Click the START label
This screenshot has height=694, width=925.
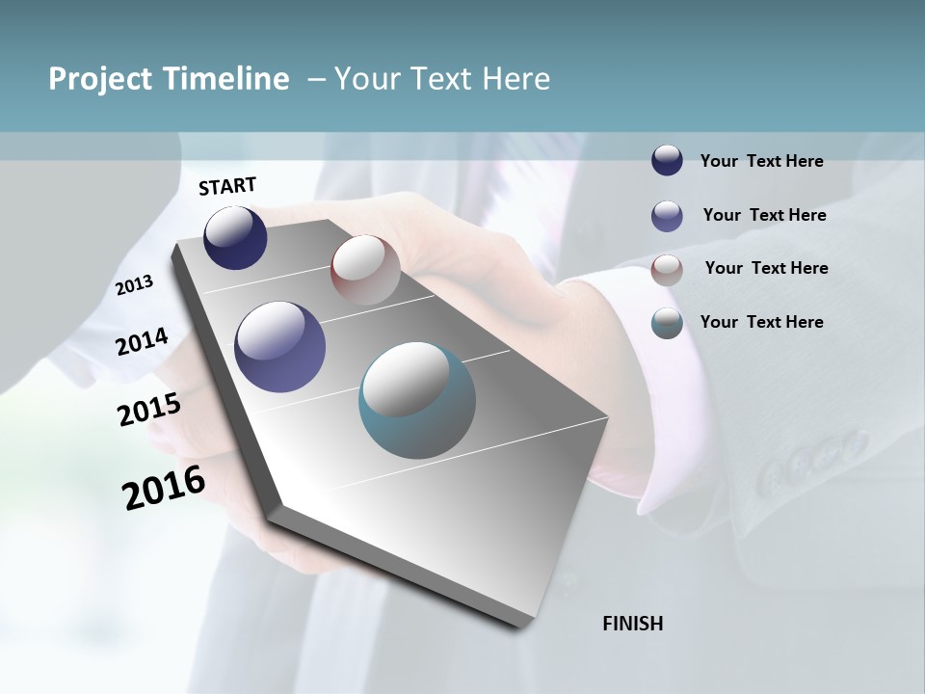(227, 186)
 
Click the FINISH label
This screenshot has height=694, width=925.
(633, 624)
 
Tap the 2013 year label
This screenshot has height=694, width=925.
(135, 285)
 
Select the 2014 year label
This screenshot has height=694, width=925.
(143, 341)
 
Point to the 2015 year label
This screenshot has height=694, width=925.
(149, 410)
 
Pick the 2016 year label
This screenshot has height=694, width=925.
(164, 488)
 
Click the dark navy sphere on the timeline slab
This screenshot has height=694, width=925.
(235, 237)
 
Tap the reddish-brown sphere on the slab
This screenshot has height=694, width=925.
(365, 270)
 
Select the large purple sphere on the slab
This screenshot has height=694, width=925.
(280, 347)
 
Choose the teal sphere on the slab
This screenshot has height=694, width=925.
(417, 400)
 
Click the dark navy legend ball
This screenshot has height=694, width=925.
(667, 160)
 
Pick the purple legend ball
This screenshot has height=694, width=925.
(667, 216)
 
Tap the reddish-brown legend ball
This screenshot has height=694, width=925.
(667, 270)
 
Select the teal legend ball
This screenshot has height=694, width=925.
(667, 323)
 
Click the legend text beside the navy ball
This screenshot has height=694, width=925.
(761, 161)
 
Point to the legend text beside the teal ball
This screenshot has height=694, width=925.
(761, 322)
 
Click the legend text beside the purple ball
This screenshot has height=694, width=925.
(764, 215)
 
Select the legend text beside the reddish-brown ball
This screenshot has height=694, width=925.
(766, 268)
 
